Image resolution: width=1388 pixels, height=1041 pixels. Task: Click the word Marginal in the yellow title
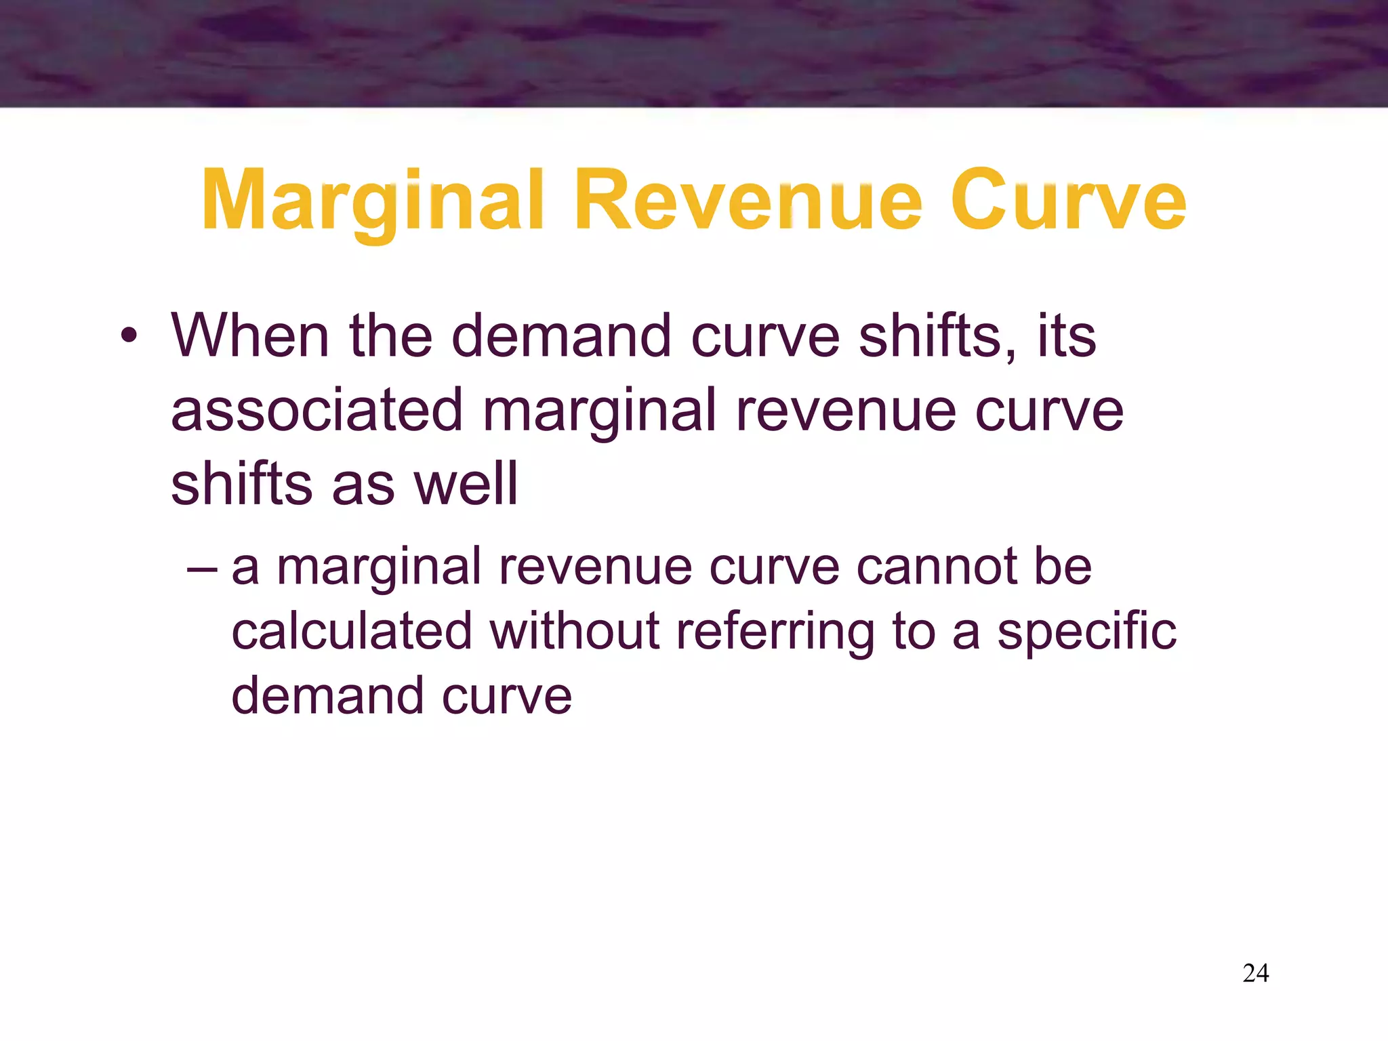click(372, 202)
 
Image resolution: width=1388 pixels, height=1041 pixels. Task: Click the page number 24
click(1255, 973)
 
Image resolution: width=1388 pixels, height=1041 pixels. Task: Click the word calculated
click(352, 631)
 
